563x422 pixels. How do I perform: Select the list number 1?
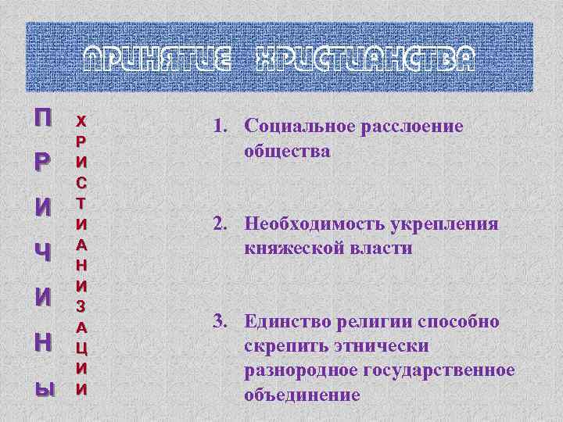coord(217,127)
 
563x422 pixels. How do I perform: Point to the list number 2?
coord(217,225)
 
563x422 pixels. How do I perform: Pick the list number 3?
coord(217,322)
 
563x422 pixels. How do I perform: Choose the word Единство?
coord(285,322)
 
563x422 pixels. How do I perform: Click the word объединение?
coord(302,395)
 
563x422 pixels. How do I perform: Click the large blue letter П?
coord(44,119)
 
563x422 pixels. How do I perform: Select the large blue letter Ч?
coord(45,253)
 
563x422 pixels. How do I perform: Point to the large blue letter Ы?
coord(45,386)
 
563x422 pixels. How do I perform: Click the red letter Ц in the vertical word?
coord(81,345)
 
